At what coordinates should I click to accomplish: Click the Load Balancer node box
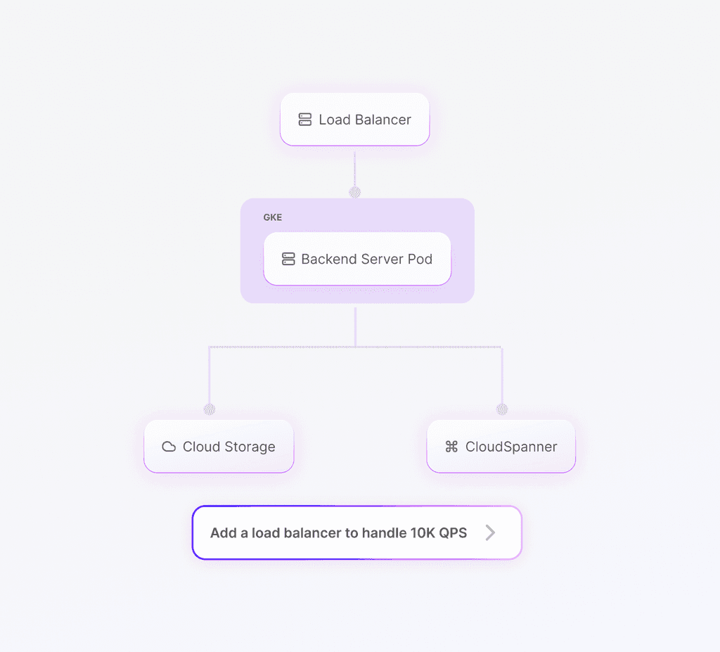pos(354,120)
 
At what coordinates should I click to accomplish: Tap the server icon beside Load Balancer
pos(305,120)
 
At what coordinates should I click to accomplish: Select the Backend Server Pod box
pos(357,259)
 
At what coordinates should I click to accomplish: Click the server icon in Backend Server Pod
pos(288,259)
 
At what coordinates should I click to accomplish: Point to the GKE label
pos(273,217)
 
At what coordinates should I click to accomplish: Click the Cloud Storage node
pos(219,446)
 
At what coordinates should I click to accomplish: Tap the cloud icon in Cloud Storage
pos(169,447)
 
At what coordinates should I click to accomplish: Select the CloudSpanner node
pos(501,446)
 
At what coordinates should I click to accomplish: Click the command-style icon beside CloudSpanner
pos(451,447)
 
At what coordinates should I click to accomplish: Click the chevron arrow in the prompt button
pos(490,532)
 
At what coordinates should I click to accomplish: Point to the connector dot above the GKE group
pos(354,192)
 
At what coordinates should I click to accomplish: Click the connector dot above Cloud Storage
pos(210,409)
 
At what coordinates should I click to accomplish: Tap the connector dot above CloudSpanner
pos(502,409)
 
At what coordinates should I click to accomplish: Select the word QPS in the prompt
pos(454,533)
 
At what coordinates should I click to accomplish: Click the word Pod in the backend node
pos(420,259)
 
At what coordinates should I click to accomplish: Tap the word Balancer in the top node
pos(383,120)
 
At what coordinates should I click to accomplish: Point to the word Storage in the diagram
pos(250,447)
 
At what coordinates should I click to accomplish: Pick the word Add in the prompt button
pos(224,533)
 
